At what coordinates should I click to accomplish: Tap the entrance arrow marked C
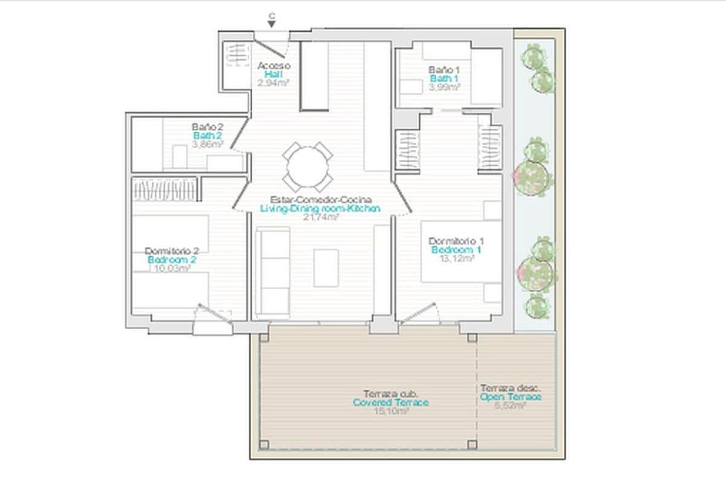click(272, 22)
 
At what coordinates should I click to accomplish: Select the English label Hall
click(273, 74)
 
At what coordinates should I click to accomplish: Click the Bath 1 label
click(444, 79)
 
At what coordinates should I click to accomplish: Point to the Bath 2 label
click(208, 136)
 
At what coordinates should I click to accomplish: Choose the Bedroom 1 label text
click(456, 249)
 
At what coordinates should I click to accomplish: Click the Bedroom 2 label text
click(172, 260)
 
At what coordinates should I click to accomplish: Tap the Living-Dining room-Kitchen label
click(320, 208)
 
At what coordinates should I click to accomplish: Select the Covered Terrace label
click(390, 402)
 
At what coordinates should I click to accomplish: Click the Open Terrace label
click(511, 397)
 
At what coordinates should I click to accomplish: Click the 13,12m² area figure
click(456, 258)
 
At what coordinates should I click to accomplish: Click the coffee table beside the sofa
click(326, 267)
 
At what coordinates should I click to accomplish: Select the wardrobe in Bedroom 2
click(165, 189)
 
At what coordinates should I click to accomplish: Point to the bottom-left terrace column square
click(264, 445)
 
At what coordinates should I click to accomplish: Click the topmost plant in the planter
click(533, 56)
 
